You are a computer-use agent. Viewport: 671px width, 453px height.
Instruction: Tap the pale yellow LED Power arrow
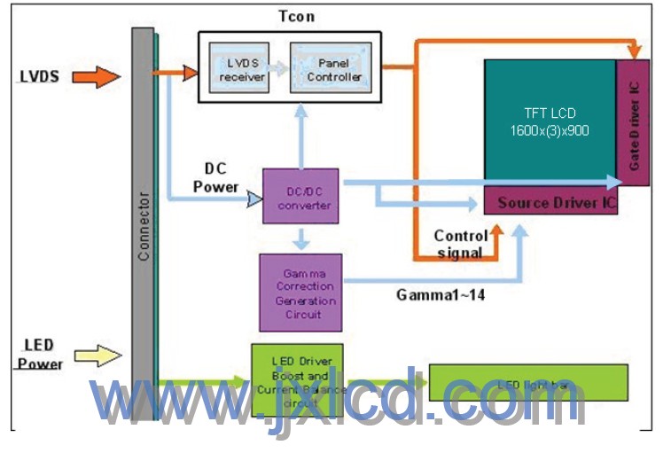pyautogui.click(x=97, y=356)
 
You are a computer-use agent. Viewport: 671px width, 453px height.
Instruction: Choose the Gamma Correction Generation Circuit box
pyautogui.click(x=299, y=292)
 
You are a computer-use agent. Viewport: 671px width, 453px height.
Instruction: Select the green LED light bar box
pyautogui.click(x=528, y=383)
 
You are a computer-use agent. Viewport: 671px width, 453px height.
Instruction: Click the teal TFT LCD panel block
pyautogui.click(x=550, y=123)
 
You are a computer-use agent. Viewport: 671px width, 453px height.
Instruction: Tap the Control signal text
pyautogui.click(x=460, y=244)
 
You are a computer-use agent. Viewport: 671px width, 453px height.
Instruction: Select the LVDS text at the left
pyautogui.click(x=38, y=77)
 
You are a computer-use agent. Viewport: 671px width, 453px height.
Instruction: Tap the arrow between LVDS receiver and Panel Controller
pyautogui.click(x=280, y=68)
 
